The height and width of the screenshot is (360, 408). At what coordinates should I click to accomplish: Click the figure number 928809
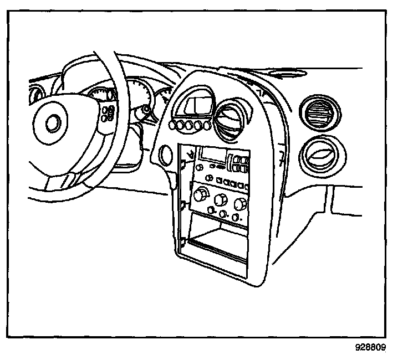coord(370,348)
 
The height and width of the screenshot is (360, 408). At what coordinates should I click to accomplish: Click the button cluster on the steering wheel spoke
coord(109,113)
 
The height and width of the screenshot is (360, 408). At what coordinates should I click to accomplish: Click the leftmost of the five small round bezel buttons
coord(173,127)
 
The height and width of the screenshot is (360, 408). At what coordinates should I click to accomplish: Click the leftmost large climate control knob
coord(201,195)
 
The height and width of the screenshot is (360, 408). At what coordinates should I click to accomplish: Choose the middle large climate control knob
coord(221,199)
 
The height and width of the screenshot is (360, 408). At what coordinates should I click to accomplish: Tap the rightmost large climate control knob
coord(240,204)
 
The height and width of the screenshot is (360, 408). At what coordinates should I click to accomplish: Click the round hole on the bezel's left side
coord(165,156)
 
